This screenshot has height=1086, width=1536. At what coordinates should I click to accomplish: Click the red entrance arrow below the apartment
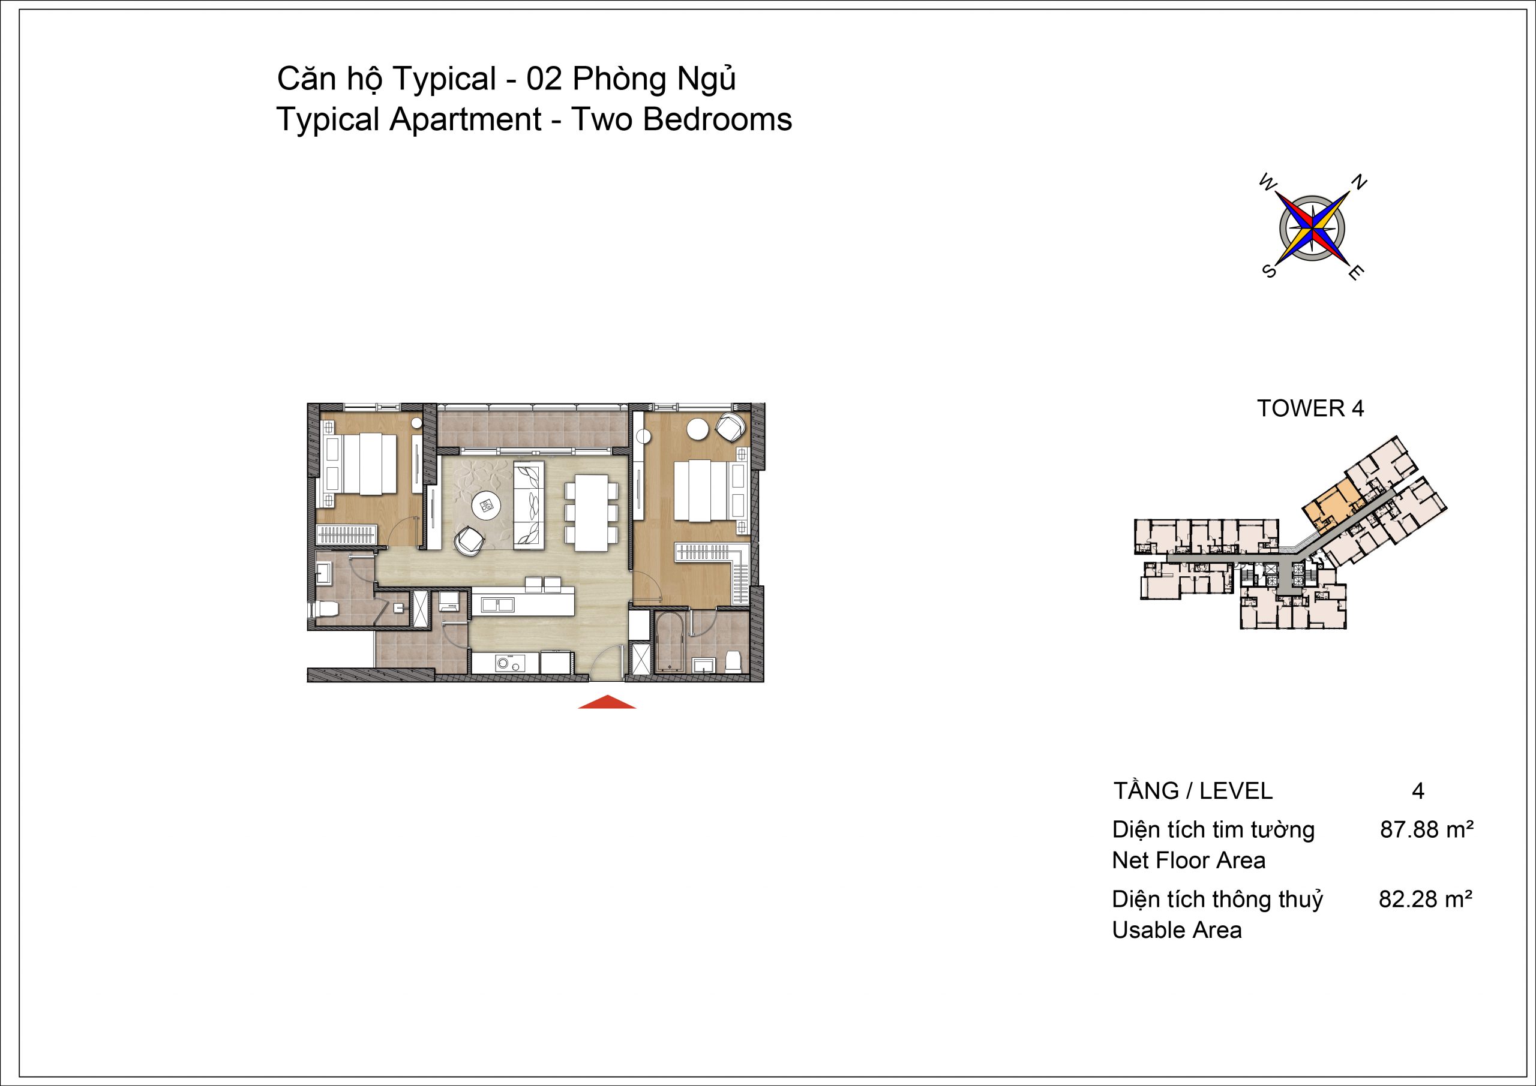tap(607, 702)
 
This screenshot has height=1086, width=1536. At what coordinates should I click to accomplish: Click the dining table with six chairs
tap(592, 512)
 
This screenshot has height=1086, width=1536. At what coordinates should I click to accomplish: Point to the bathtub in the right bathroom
tap(670, 643)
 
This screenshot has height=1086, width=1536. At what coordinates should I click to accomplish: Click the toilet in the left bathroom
tap(324, 609)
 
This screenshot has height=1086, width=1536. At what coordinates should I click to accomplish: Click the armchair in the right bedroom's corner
tap(731, 426)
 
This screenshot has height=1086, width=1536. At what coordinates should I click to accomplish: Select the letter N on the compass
tap(1360, 182)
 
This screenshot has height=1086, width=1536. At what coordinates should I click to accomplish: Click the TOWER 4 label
tap(1310, 408)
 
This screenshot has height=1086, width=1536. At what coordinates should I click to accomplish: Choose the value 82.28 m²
tap(1426, 900)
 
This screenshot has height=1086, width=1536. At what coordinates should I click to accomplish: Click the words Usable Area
tap(1177, 930)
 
